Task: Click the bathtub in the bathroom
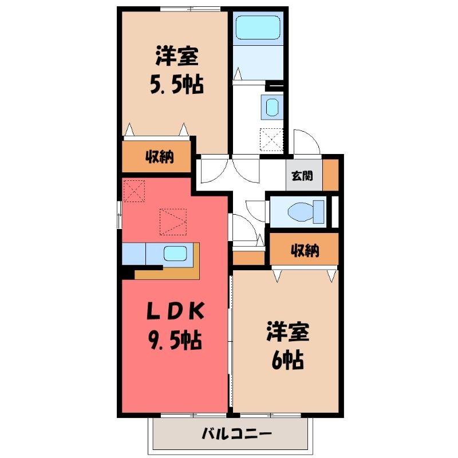click(x=258, y=27)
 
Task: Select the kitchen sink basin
click(x=175, y=254)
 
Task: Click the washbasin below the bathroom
click(x=273, y=107)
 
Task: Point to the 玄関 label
click(x=302, y=176)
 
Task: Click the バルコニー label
click(x=237, y=433)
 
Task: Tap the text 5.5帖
click(x=177, y=85)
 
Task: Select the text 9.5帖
click(x=175, y=340)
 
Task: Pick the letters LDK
click(x=175, y=311)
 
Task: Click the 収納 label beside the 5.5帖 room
click(x=160, y=157)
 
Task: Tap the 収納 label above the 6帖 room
click(x=305, y=250)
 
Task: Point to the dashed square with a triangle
click(x=173, y=222)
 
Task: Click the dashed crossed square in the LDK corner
click(x=135, y=191)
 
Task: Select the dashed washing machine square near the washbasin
click(x=271, y=140)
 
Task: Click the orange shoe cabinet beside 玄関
click(x=330, y=175)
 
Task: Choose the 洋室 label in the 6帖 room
click(x=288, y=332)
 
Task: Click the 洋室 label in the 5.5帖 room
click(x=177, y=56)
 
